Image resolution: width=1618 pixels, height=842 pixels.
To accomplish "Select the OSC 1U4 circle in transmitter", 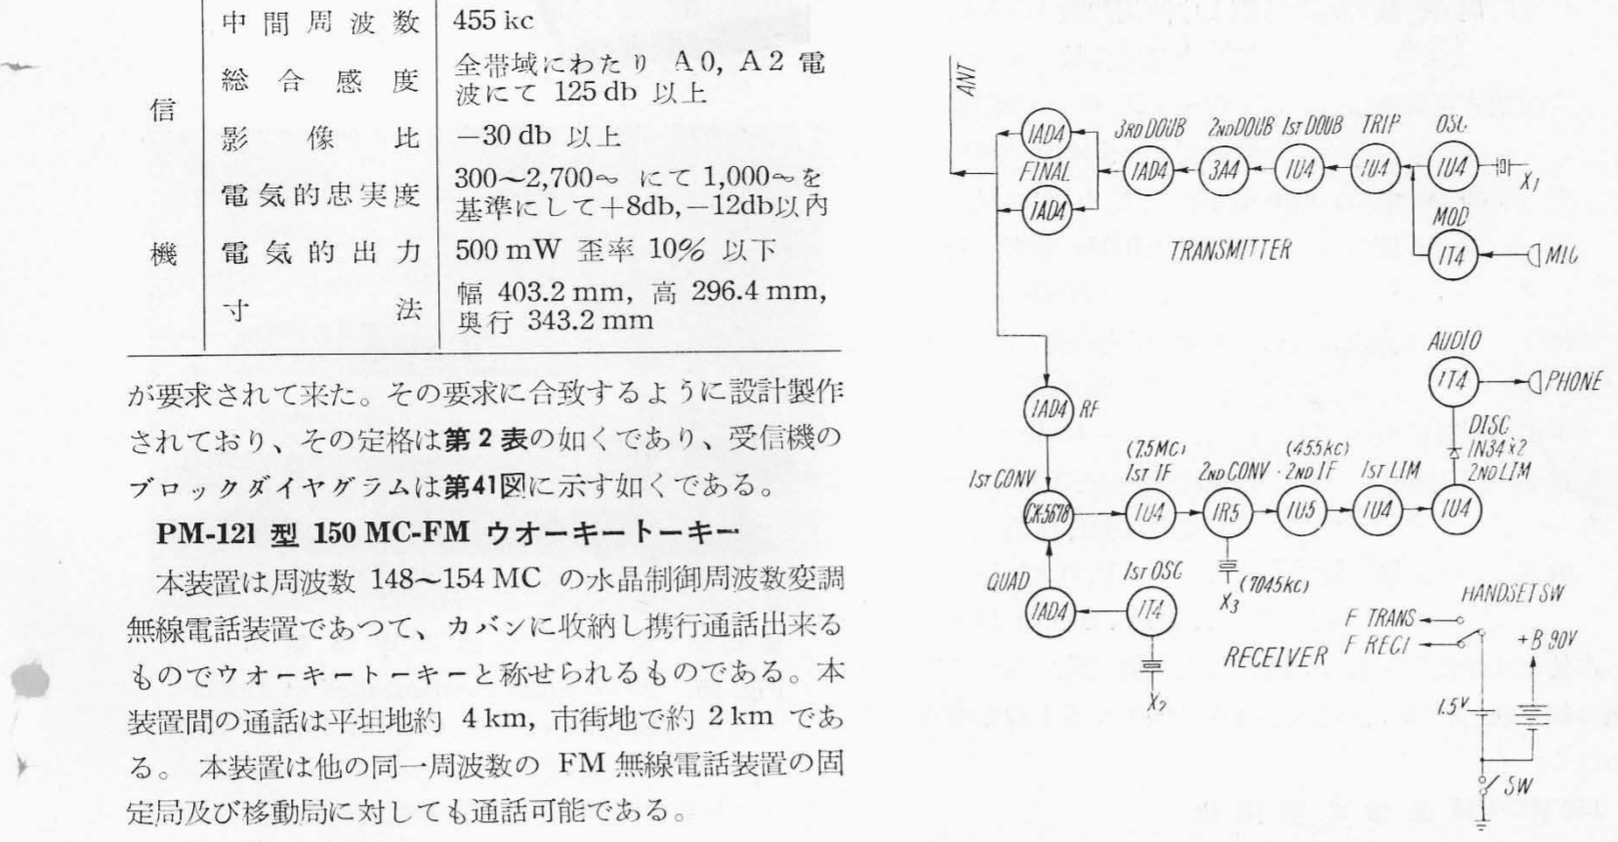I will click(1453, 168).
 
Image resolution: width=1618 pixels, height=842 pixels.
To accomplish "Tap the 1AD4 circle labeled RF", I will click(1046, 409).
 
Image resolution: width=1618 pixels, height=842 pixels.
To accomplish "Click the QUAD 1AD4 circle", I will click(1046, 612).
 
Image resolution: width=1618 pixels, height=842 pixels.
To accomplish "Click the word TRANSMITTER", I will click(1230, 250).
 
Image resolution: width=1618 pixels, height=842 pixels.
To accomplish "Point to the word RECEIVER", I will click(1275, 654).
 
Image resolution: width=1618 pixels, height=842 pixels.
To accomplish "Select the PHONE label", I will click(1572, 382).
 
